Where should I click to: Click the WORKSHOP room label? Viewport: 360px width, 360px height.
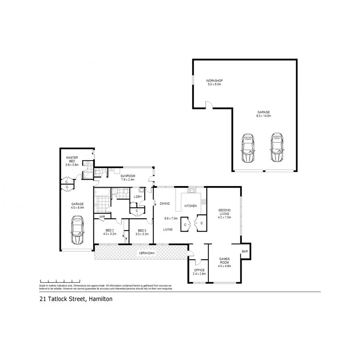click(214, 81)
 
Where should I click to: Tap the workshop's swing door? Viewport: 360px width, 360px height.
click(209, 105)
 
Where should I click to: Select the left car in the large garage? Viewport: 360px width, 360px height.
click(248, 148)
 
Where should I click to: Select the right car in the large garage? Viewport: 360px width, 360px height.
click(277, 148)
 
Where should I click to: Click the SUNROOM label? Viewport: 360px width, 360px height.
click(128, 176)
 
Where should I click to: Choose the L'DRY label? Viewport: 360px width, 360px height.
click(138, 196)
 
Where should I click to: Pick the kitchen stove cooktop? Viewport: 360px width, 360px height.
click(204, 202)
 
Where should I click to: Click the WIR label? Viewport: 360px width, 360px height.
click(102, 216)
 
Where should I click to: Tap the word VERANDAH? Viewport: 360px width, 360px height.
click(146, 253)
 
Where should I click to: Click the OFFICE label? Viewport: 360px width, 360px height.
click(199, 270)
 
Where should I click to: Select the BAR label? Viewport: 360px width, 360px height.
click(244, 251)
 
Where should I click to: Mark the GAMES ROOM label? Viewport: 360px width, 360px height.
click(224, 260)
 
